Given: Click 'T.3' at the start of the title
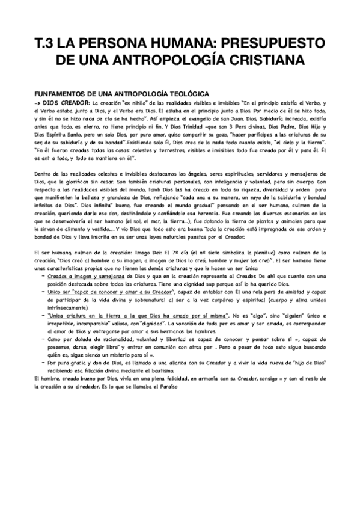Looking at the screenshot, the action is (46, 43).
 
